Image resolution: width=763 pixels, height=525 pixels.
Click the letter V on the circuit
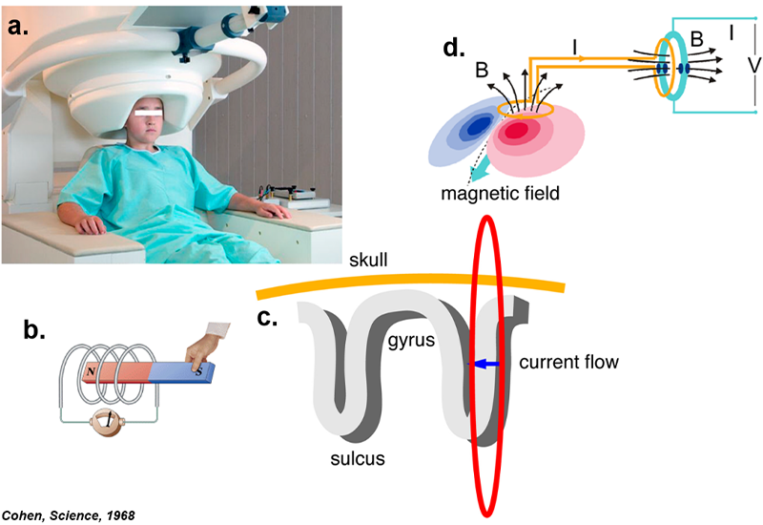(727, 65)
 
